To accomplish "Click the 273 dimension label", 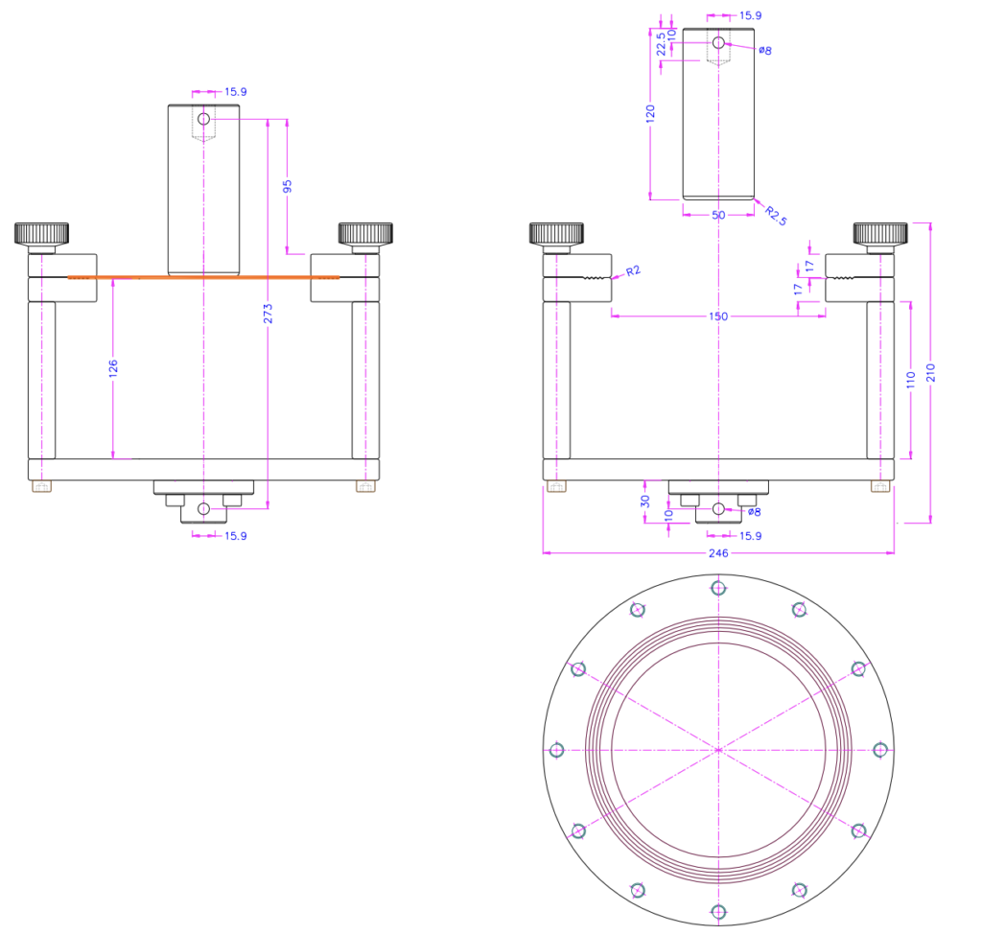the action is [269, 314].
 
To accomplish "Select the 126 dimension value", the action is [113, 367].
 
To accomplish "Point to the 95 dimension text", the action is [288, 187].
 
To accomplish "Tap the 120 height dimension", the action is [650, 113].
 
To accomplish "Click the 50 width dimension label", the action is [718, 215].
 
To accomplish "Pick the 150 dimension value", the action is [718, 316].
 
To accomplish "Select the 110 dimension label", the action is [911, 380].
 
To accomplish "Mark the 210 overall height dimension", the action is [930, 373].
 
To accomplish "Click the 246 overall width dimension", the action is [718, 553].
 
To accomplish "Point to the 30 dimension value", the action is [645, 501].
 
